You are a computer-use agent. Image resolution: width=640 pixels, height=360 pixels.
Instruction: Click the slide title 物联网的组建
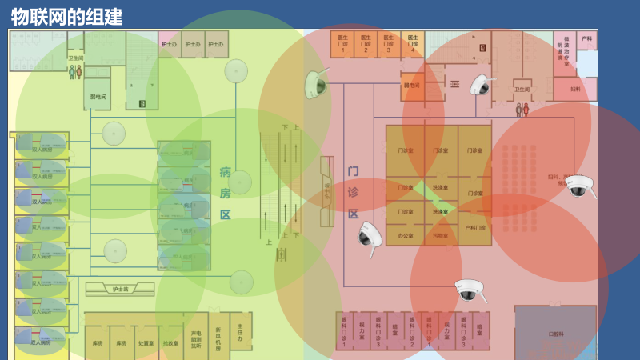67,16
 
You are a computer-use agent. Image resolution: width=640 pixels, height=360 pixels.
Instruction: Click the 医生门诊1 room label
342,43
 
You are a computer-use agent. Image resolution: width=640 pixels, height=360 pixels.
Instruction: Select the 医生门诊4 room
412,43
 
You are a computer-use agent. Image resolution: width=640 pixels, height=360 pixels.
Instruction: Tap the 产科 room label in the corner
587,40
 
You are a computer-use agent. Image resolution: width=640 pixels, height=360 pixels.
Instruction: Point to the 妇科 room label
575,90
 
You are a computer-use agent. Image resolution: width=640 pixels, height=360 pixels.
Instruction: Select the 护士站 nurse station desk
120,289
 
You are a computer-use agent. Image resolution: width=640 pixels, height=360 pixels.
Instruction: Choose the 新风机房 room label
218,337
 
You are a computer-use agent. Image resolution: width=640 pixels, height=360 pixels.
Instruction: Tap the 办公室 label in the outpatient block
405,235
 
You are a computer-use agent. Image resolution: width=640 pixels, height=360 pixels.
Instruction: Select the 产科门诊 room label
475,228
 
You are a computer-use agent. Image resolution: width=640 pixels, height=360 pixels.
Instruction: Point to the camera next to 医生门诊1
314,83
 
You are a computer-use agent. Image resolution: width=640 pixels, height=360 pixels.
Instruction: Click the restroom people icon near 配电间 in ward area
74,72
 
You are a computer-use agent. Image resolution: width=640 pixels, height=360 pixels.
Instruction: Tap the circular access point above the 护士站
115,250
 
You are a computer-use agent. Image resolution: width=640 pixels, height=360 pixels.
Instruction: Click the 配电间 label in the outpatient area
411,86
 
